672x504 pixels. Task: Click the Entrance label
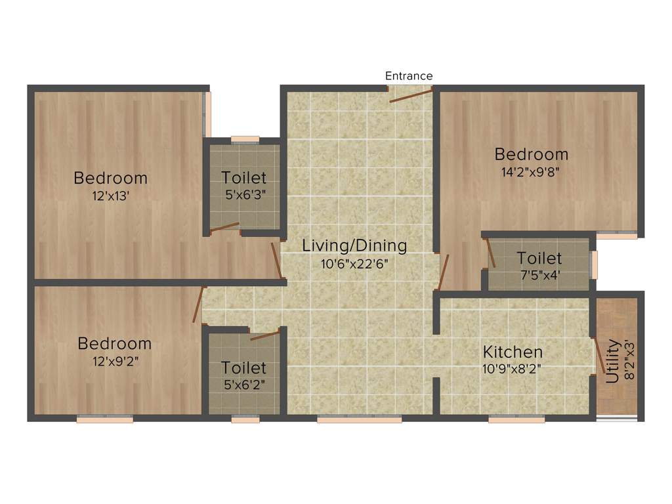tap(408, 76)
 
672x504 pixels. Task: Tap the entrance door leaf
tap(411, 96)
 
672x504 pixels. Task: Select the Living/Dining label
tap(354, 246)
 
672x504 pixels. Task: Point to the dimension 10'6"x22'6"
tap(354, 264)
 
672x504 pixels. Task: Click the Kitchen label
tap(513, 352)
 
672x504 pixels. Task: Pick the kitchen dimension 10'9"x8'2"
tap(513, 368)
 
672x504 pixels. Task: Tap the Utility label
tap(612, 361)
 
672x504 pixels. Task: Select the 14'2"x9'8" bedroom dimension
tap(531, 173)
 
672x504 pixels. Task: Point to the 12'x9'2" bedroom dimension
tap(114, 360)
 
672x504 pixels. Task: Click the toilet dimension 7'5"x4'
tap(539, 275)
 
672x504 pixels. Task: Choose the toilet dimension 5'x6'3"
tap(244, 194)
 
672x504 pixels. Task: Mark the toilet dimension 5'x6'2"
tap(244, 384)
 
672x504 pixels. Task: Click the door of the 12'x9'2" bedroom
tap(198, 304)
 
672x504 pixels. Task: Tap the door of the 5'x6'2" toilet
tap(265, 335)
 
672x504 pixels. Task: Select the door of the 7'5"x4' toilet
tap(490, 253)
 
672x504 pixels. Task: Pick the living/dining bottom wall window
tap(359, 419)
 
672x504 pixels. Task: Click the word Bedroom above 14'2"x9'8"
tap(531, 155)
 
